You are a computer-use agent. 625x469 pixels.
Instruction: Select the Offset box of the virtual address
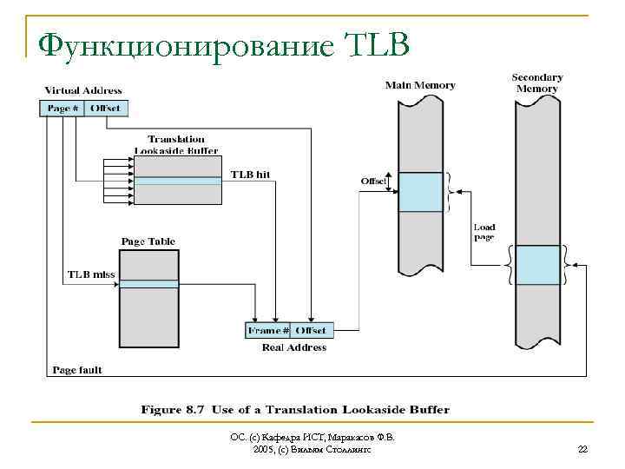(x=105, y=109)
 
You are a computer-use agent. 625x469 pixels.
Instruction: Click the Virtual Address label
(x=83, y=90)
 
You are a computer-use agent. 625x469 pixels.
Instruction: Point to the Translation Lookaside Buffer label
(x=176, y=144)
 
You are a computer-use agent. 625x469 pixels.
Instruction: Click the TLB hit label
(x=250, y=175)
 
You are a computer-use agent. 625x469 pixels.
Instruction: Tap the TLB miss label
(x=91, y=274)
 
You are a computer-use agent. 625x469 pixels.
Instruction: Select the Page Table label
(x=148, y=241)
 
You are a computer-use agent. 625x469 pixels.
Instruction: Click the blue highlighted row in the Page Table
(x=148, y=284)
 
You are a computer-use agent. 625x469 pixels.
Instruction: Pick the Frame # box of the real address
(x=268, y=331)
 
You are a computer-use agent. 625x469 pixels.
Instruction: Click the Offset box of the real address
(x=311, y=331)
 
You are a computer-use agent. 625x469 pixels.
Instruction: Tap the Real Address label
(x=294, y=347)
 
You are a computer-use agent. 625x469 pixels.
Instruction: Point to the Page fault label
(x=77, y=370)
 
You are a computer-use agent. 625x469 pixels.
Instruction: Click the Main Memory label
(x=420, y=85)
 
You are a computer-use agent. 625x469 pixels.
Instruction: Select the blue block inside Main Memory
(x=420, y=192)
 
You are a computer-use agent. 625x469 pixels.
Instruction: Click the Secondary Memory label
(x=537, y=83)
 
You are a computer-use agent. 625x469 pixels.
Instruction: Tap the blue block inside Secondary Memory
(x=537, y=265)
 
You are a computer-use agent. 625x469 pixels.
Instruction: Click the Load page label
(x=484, y=232)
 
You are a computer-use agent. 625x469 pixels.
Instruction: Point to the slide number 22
(x=582, y=449)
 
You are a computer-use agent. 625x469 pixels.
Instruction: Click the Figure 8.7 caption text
(x=296, y=409)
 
